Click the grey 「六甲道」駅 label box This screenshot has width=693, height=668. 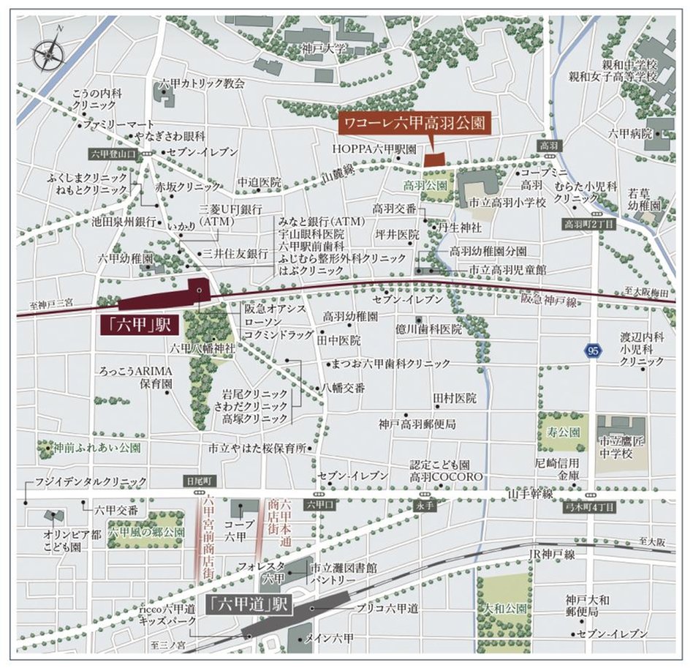click(249, 604)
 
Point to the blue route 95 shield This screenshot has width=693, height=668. click(593, 350)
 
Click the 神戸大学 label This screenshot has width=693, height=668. click(325, 49)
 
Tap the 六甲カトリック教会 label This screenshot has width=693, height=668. click(202, 83)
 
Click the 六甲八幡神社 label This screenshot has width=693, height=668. click(202, 348)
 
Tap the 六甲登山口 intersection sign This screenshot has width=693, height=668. click(112, 154)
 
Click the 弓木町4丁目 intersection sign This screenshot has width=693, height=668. click(591, 506)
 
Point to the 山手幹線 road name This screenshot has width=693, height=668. click(531, 495)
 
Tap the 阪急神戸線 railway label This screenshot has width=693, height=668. click(549, 300)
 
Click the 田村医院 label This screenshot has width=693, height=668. click(455, 398)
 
